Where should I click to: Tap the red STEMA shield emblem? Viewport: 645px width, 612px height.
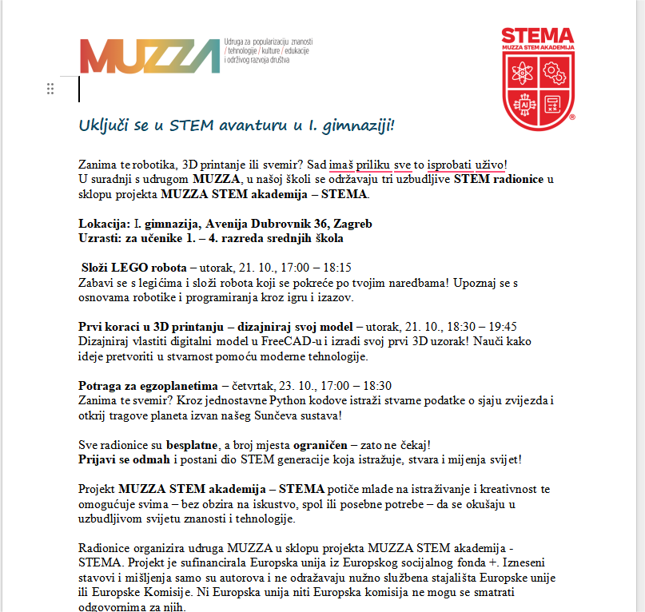pos(537,77)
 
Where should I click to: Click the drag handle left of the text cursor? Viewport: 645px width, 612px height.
pos(50,89)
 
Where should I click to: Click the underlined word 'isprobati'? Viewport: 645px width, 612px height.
pos(449,165)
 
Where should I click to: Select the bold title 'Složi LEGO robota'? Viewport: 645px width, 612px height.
pos(133,268)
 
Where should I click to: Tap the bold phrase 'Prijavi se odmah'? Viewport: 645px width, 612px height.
pos(123,459)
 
